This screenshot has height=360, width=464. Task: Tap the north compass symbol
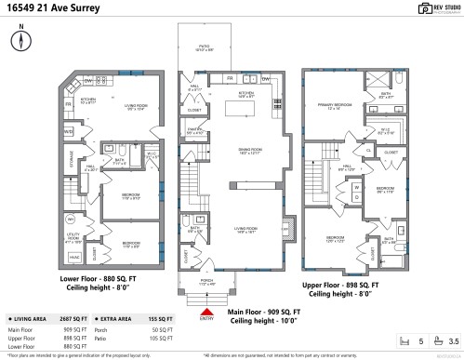20,41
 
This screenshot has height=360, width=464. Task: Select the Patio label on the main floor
205,49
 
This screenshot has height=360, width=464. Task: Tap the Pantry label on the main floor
195,131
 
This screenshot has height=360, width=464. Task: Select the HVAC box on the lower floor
74,257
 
